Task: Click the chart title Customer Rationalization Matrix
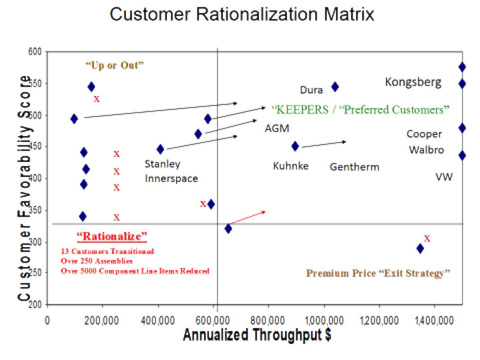coord(242,15)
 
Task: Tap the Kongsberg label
coord(413,82)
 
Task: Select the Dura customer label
coord(311,90)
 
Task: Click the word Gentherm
coord(354,167)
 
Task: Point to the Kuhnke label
coord(291,166)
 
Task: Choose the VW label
coord(444,177)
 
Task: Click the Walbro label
coord(426,150)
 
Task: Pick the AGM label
coord(277,128)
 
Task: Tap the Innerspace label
coord(171,179)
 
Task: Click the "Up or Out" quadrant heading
coord(115,65)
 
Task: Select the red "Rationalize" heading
coord(112,236)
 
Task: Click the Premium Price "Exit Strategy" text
coord(378,273)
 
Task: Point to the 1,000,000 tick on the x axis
coord(324,321)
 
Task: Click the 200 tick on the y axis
coord(35,304)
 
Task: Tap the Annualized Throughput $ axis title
coord(257,335)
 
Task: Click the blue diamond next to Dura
coord(335,87)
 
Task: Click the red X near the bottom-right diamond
coord(427,239)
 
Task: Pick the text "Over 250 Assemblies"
coord(97,261)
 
